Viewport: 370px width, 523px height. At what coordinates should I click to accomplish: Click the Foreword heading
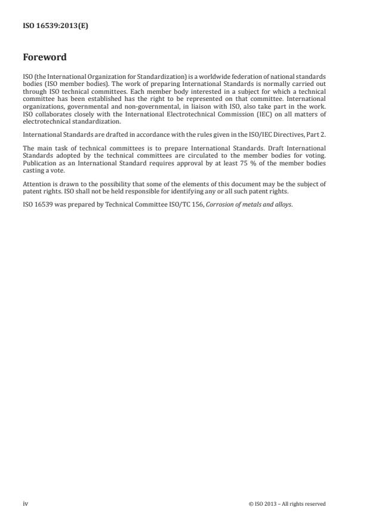coord(44,58)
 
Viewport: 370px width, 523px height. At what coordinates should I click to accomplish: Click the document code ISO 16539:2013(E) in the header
coord(55,26)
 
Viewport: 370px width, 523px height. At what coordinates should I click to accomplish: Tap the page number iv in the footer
coord(26,503)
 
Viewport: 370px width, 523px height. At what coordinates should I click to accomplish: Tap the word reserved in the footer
coord(314,503)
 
